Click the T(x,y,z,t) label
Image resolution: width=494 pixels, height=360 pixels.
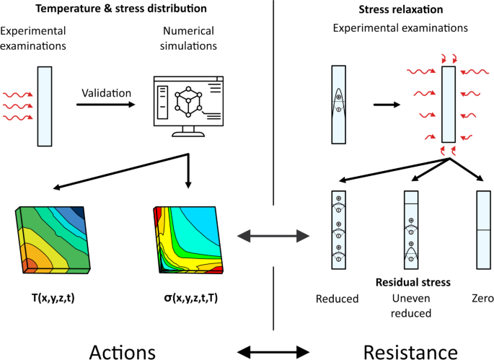click(x=45, y=297)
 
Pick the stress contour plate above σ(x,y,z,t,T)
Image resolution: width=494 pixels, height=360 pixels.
click(x=189, y=239)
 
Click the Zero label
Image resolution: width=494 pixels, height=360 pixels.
click(x=483, y=297)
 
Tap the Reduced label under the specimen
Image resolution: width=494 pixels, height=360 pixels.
click(x=337, y=298)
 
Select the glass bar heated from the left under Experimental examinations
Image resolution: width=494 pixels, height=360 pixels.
click(x=45, y=106)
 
